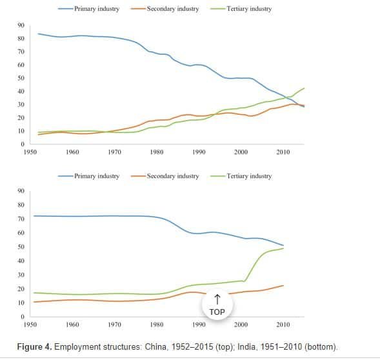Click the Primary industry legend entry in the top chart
(88, 9)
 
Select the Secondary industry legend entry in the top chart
(165, 9)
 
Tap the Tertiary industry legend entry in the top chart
(241, 9)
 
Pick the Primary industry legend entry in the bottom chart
(88, 176)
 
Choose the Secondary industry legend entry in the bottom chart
(165, 176)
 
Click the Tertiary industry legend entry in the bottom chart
(241, 176)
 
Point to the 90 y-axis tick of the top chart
(21, 25)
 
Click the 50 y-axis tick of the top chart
(21, 78)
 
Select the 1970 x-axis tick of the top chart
(114, 152)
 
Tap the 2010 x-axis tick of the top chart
(283, 152)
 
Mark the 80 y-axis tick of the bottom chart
(21, 205)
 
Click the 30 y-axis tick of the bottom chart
(21, 275)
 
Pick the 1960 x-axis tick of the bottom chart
(72, 325)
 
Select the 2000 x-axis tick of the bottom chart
(241, 325)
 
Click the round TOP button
(217, 305)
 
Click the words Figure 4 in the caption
(34, 346)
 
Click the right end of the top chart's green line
(304, 88)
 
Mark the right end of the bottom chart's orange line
(283, 286)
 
